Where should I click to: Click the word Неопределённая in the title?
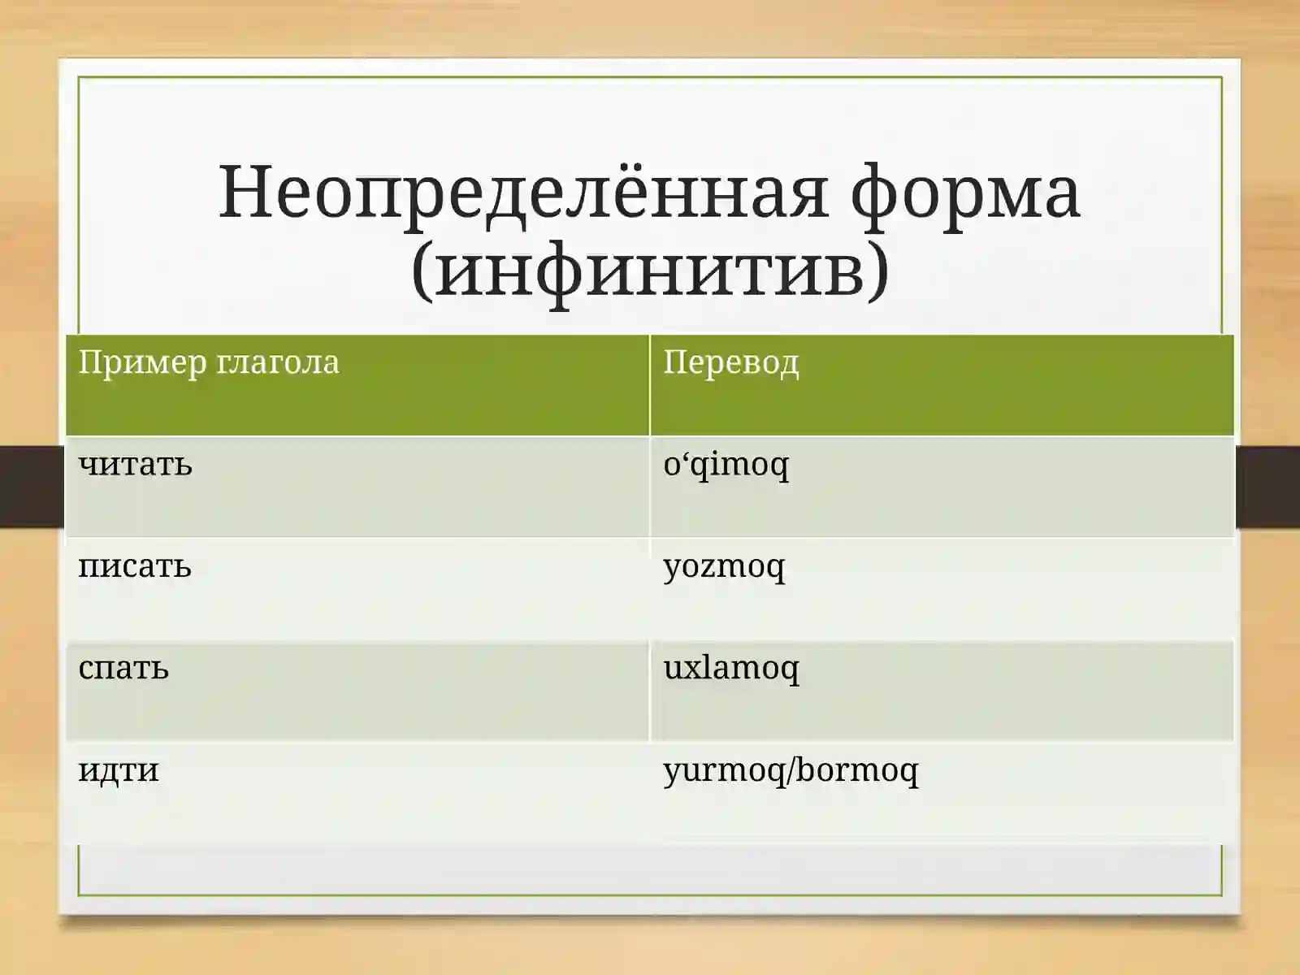click(x=524, y=193)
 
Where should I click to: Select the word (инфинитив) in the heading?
click(x=650, y=270)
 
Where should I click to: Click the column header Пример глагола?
click(x=209, y=362)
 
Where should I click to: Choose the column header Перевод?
click(x=730, y=362)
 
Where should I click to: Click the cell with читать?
click(x=136, y=465)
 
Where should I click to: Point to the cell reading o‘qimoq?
click(x=726, y=465)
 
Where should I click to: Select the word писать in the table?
click(x=135, y=566)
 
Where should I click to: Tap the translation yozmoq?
click(x=724, y=566)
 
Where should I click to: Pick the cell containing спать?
click(x=123, y=668)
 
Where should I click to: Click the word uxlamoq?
click(x=730, y=668)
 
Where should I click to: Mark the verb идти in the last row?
click(x=119, y=769)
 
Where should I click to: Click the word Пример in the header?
click(x=142, y=362)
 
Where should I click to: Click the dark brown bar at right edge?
click(x=1267, y=486)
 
